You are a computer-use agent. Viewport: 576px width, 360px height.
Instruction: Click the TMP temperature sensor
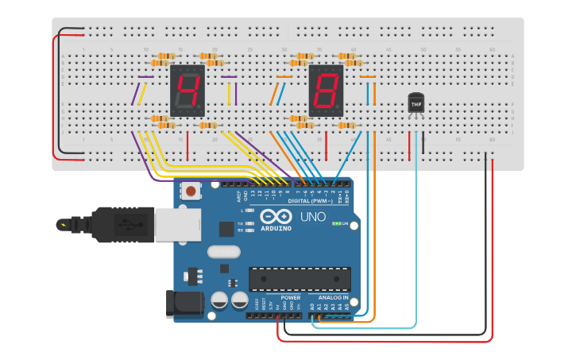coord(416,103)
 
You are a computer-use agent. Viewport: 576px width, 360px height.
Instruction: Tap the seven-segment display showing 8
coord(326,87)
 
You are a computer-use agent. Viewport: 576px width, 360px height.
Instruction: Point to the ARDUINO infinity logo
coord(274,216)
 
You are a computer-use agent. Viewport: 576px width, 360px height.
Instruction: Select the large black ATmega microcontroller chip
coord(300,279)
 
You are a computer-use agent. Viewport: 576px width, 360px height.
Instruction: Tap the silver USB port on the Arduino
coord(177,225)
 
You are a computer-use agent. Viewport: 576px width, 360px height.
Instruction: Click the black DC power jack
coord(180,305)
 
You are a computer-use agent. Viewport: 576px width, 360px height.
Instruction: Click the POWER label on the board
coord(291,296)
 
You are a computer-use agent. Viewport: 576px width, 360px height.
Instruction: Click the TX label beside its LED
coord(241,223)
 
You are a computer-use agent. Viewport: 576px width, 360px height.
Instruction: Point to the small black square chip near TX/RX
coord(226,229)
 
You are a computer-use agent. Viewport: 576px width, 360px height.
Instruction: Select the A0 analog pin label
coord(311,305)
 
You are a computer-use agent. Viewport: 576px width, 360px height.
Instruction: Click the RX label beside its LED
coord(241,230)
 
